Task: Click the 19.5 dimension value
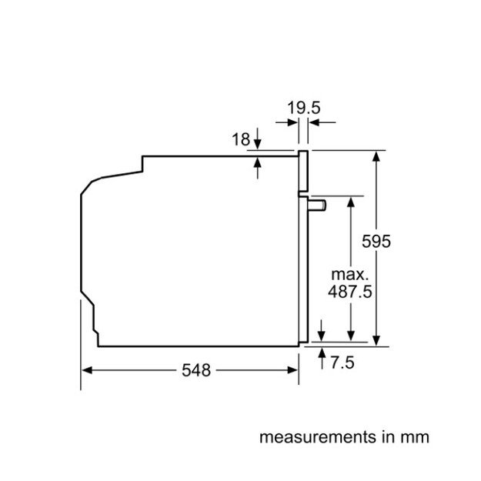point(303,108)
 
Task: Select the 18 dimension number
point(241,139)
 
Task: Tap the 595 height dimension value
point(377,242)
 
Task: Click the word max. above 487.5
point(350,275)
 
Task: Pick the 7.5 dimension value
point(342,362)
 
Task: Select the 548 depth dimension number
point(196,371)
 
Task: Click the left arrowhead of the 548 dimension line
point(87,370)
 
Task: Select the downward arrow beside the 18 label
point(257,144)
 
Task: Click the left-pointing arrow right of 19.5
point(314,122)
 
